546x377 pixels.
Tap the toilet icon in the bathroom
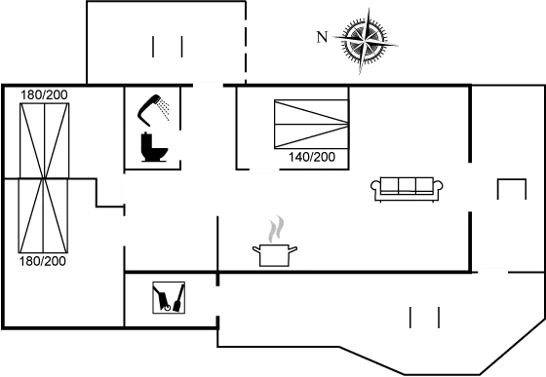point(154,147)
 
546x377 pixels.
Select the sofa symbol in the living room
point(407,189)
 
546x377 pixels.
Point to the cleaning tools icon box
point(169,298)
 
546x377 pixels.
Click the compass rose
point(366,40)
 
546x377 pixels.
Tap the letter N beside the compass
point(322,37)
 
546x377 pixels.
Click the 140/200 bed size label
point(312,157)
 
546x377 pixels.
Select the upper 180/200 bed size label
point(44,94)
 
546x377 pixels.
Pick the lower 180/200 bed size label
point(43,261)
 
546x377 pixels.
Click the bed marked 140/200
point(311,124)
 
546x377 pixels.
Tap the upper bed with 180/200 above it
point(44,140)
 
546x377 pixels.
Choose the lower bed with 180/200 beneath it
point(43,215)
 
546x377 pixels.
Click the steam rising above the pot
point(276,229)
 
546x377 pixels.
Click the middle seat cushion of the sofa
point(407,185)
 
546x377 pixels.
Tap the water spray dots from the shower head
point(163,108)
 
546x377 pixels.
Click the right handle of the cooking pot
point(292,249)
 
